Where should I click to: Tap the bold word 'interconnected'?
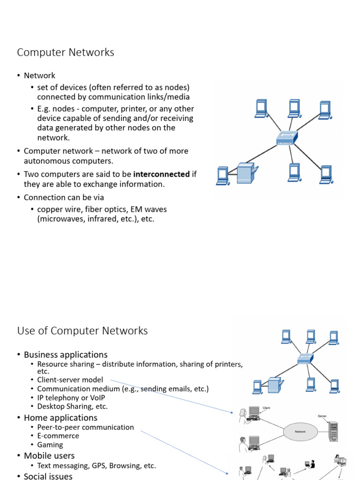click(x=161, y=174)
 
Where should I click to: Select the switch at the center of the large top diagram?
click(x=286, y=137)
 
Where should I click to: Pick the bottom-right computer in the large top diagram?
click(x=326, y=174)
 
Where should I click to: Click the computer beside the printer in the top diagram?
click(x=223, y=176)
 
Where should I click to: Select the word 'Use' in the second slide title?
click(x=26, y=331)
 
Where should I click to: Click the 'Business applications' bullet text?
click(x=66, y=355)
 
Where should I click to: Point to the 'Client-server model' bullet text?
click(x=70, y=380)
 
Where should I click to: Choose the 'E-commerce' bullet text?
click(x=58, y=436)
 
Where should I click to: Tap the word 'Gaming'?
click(x=50, y=445)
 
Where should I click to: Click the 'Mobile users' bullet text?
click(x=49, y=456)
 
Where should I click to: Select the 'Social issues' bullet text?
click(x=48, y=476)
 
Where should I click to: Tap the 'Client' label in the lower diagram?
click(x=267, y=408)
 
